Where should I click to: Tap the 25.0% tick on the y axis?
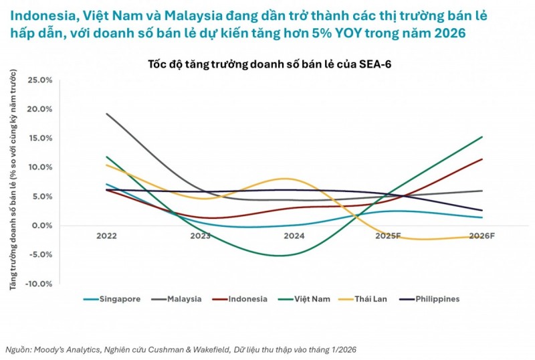point(39,80)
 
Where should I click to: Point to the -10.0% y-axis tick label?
point(38,284)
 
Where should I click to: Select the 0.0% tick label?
point(41,226)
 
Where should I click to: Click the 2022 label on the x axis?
point(106,236)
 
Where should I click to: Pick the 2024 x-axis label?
point(294,236)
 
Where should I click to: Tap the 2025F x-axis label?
point(389,236)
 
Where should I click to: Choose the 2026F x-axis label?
point(482,236)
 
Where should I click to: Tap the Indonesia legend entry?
point(245,299)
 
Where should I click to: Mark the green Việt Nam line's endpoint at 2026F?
point(482,137)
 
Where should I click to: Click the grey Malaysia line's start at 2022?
point(107,114)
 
